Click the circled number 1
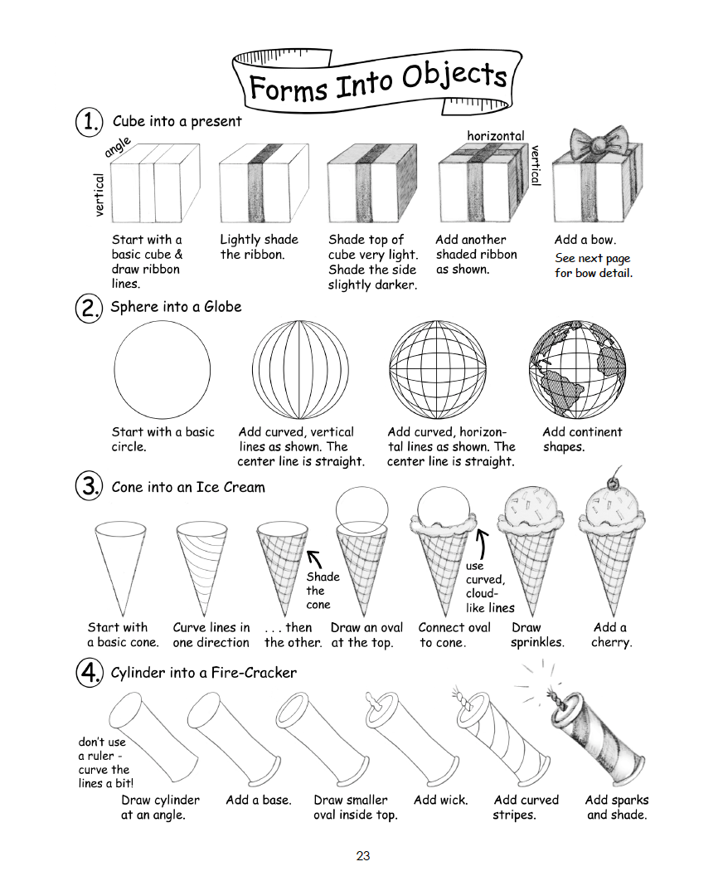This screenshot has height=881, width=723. pos(89,122)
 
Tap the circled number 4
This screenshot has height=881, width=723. pos(89,674)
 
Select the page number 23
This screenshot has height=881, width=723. pos(362,856)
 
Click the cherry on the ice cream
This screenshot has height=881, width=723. pos(614,481)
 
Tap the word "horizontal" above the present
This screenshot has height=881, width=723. pos(496,135)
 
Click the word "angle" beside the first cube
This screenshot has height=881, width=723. pos(118,148)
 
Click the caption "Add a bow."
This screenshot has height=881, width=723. pos(585,240)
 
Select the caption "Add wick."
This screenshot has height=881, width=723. pos(441,801)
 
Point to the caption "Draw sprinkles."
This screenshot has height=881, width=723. pos(537,635)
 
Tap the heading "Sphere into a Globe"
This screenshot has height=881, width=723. pos(176,307)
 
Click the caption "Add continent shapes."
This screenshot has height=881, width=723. pos(581,439)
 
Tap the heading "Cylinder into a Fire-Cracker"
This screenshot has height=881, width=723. pos(203,673)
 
